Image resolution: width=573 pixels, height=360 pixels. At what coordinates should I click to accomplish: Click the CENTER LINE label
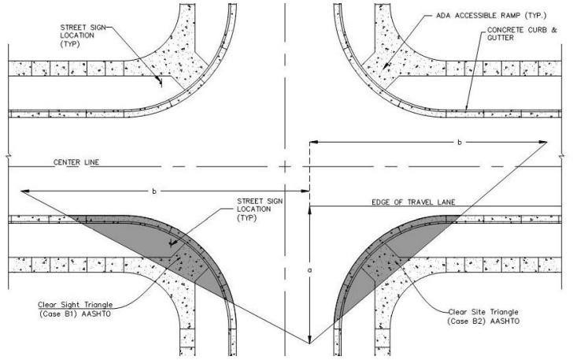click(x=76, y=162)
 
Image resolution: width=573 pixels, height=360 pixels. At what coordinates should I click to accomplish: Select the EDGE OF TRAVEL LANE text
click(x=413, y=202)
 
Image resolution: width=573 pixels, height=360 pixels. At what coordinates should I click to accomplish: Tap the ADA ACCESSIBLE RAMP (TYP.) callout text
click(x=491, y=16)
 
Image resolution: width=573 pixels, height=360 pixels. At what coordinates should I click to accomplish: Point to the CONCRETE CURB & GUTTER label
click(x=522, y=34)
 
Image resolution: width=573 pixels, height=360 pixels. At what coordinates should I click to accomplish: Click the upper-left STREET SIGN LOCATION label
click(x=83, y=35)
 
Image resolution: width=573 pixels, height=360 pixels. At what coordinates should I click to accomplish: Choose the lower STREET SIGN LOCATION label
click(x=260, y=210)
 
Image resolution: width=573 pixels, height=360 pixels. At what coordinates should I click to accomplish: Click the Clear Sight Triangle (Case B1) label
click(x=76, y=309)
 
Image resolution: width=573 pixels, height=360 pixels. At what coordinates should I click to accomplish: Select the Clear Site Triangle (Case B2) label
click(x=483, y=317)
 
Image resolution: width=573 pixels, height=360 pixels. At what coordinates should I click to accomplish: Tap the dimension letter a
click(x=310, y=270)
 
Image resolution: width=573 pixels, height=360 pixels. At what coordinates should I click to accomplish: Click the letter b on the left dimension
click(x=154, y=191)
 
